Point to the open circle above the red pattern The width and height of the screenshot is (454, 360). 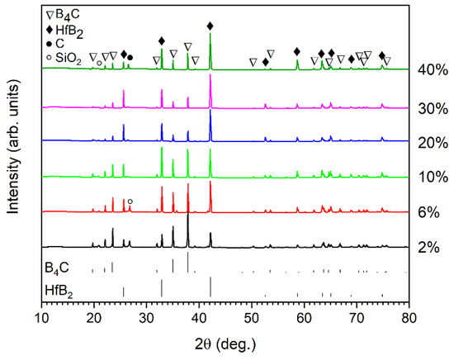click(130, 201)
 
